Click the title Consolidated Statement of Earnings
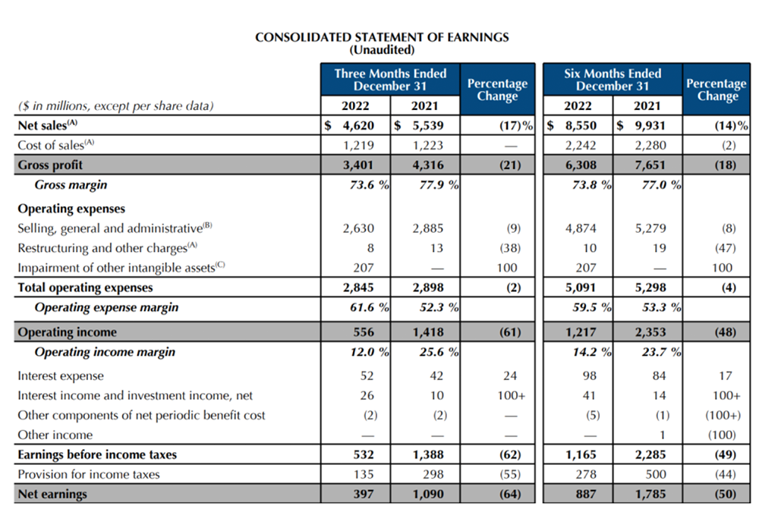(x=382, y=36)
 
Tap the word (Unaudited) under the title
(x=382, y=50)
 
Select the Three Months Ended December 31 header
(x=390, y=80)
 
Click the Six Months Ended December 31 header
(x=613, y=80)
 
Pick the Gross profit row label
(x=50, y=165)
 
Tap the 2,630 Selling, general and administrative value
(x=358, y=228)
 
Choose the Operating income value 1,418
(x=427, y=331)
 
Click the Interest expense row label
(x=61, y=376)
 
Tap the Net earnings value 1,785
(x=650, y=494)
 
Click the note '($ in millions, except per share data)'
(x=115, y=106)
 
